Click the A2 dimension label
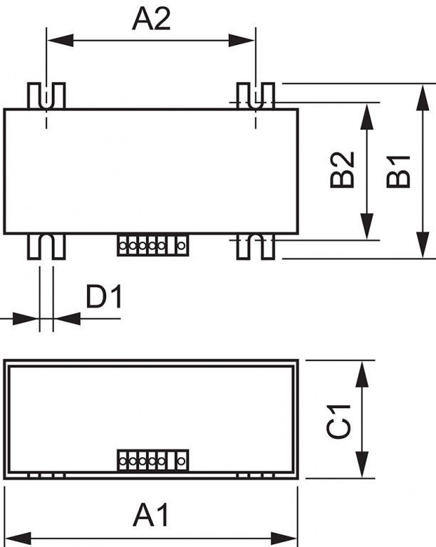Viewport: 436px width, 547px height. pos(151,19)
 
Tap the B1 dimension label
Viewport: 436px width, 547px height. pos(398,171)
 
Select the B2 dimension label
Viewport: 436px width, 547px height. pos(342,170)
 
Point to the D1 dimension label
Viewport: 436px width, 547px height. pos(104,297)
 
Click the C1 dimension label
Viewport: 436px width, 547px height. pos(338,422)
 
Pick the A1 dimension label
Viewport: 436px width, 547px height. pos(151,515)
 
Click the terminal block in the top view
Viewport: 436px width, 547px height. pos(152,245)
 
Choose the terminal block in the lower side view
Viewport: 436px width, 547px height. pos(152,461)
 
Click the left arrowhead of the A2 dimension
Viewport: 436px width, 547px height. pos(60,40)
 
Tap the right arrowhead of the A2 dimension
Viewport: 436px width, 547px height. pos(242,40)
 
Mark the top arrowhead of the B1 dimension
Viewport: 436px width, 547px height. pos(422,98)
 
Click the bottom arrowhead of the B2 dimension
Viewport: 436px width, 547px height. pos(367,226)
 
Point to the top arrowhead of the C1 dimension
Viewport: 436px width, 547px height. pos(363,374)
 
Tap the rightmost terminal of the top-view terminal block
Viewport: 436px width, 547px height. pos(181,246)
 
